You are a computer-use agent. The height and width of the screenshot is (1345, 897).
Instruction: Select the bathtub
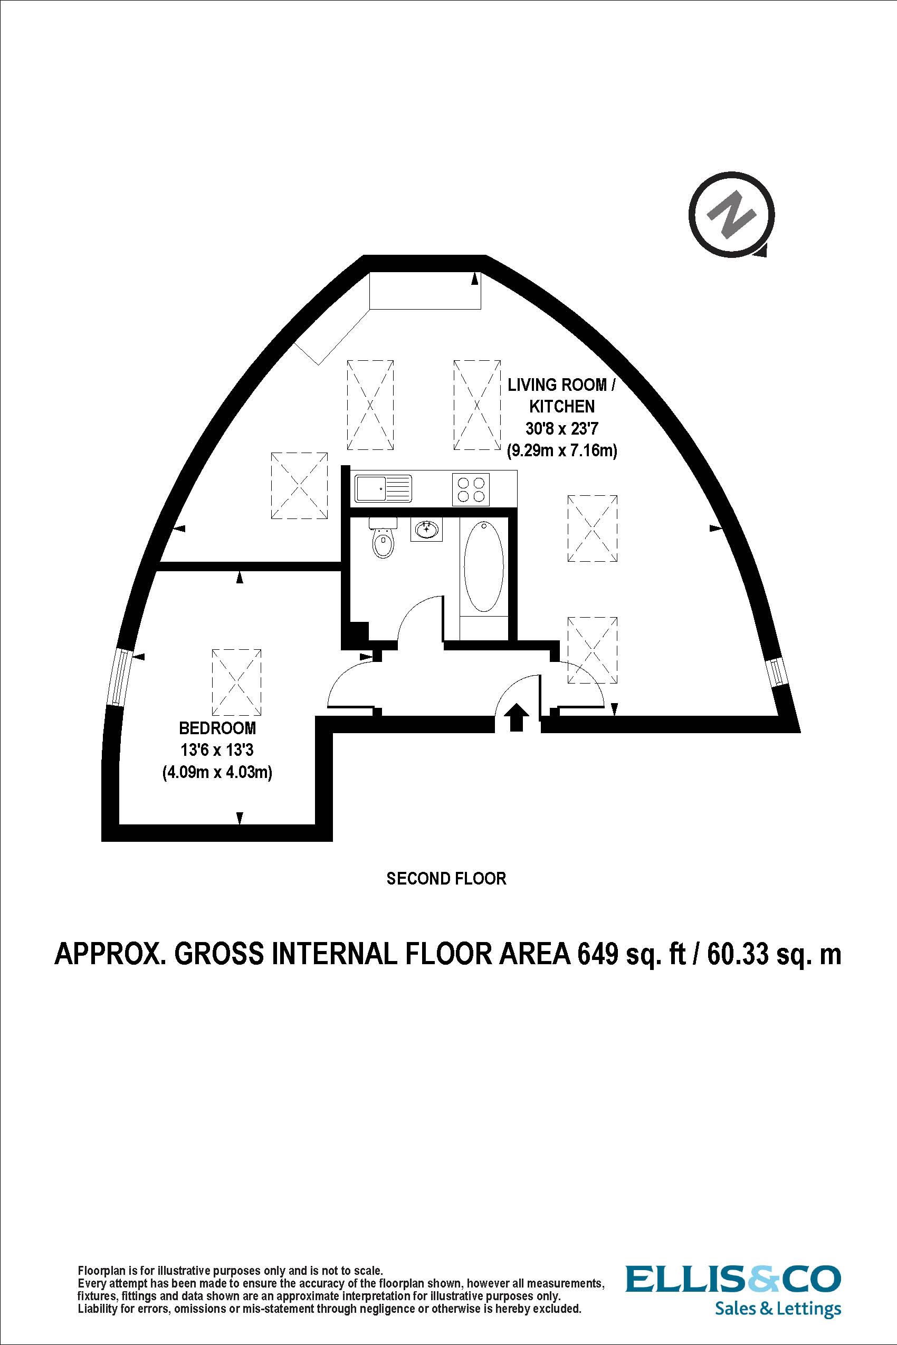(484, 566)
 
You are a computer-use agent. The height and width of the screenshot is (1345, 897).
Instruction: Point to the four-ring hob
(471, 489)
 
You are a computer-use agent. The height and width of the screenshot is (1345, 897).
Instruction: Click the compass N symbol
(732, 215)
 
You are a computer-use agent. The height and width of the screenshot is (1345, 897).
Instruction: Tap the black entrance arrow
(517, 717)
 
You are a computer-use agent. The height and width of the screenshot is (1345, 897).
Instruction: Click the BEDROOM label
(217, 728)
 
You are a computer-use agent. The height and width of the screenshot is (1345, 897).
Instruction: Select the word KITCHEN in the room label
(562, 407)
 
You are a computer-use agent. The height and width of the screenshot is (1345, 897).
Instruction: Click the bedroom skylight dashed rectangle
(237, 682)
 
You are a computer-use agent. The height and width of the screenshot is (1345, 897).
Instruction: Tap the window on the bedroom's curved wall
(119, 677)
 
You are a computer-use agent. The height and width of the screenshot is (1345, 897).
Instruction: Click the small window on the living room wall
(776, 672)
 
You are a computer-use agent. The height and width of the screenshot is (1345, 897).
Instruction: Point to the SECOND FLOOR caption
(446, 878)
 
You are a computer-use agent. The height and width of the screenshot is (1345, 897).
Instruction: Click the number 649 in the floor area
(598, 954)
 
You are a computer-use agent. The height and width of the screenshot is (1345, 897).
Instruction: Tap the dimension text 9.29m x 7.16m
(562, 450)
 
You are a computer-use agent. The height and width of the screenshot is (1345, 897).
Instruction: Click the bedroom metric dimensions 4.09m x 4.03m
(217, 773)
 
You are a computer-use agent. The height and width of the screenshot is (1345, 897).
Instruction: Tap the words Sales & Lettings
(777, 1309)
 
